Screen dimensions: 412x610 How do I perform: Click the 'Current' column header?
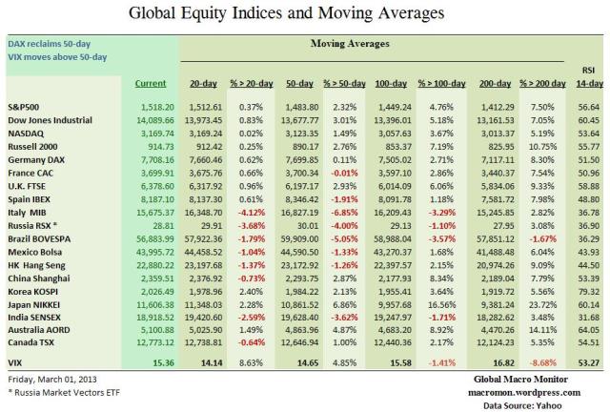click(x=150, y=84)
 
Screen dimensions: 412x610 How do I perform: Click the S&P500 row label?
click(x=26, y=108)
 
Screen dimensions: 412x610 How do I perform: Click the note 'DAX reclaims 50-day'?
click(x=48, y=43)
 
